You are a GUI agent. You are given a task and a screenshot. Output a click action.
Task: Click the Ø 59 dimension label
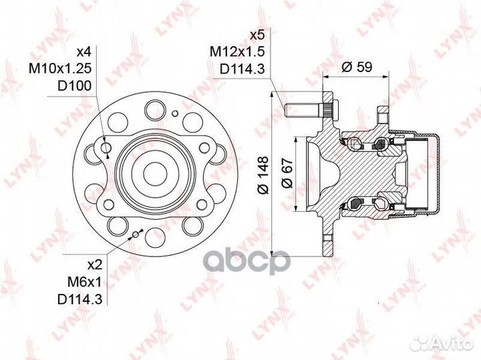[357, 67]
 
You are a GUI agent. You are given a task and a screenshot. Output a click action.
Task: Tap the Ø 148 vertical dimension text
[263, 175]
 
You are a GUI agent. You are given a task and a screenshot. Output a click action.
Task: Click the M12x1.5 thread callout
[236, 52]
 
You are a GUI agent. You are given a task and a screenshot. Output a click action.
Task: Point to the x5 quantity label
[257, 35]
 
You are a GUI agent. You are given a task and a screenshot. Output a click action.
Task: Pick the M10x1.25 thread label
[60, 68]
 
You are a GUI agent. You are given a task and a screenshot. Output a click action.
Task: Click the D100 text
[75, 86]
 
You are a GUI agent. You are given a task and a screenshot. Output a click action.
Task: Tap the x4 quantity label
[84, 51]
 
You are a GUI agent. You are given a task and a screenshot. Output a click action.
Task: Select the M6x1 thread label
[84, 282]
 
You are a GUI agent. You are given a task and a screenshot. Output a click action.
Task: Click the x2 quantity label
[94, 265]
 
